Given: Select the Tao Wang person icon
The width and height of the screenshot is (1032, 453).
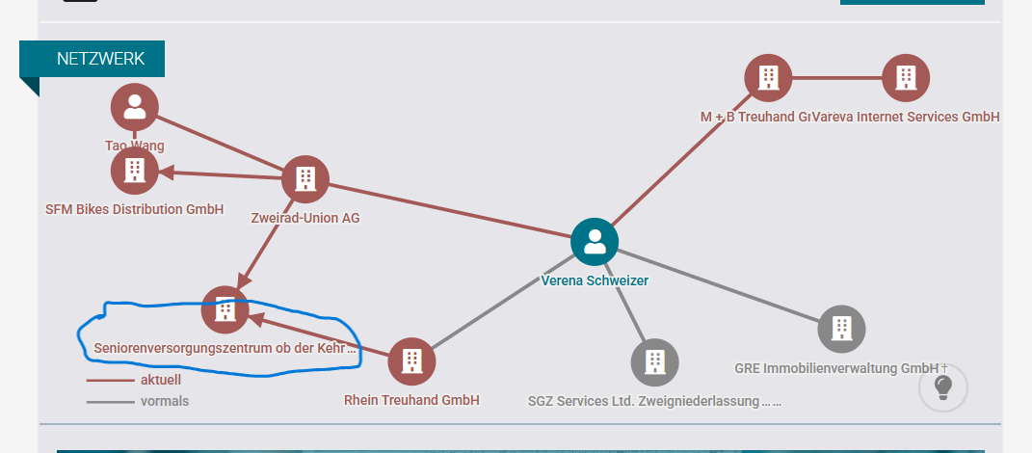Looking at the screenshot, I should (135, 106).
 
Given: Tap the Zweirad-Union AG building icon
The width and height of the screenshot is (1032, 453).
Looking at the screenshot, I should (305, 179).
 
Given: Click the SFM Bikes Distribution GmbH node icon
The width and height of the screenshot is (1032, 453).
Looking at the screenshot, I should (135, 172).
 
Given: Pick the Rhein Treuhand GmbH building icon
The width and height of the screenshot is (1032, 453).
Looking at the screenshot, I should (411, 360).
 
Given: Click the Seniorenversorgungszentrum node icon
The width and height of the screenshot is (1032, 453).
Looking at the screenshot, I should (225, 309).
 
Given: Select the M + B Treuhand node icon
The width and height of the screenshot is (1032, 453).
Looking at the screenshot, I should (768, 78).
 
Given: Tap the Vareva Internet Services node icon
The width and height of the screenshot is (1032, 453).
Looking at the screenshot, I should (906, 78).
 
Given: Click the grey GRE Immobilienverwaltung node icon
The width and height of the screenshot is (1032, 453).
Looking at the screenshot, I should (841, 329).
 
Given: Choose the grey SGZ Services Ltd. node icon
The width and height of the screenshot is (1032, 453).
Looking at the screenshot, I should (655, 361).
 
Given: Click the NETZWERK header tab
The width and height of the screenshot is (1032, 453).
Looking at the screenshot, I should (100, 59).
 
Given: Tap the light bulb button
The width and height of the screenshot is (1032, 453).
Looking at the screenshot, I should (943, 386).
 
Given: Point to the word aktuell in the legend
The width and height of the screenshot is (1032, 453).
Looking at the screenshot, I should (161, 380).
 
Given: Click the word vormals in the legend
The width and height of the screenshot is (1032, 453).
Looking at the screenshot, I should (165, 401).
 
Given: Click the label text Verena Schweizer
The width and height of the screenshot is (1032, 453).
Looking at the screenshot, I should (595, 280).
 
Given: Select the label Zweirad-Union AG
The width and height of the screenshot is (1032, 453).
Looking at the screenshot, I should (304, 218).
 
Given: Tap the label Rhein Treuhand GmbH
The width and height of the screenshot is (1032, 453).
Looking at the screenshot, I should (411, 400).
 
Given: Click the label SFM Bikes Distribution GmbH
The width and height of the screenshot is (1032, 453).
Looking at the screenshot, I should (135, 209).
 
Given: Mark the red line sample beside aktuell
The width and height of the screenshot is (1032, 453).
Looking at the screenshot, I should (110, 380).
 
